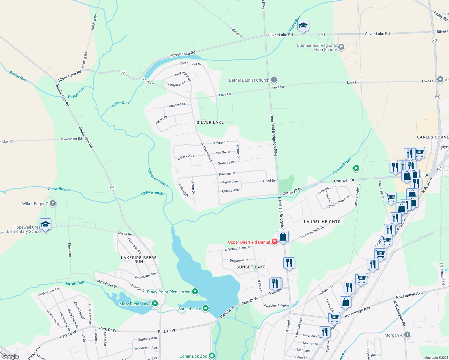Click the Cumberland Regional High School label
pyautogui.click(x=317, y=47)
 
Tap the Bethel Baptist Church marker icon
pyautogui.click(x=274, y=80)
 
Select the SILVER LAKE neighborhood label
pyautogui.click(x=210, y=122)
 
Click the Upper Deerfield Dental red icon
pyautogui.click(x=274, y=242)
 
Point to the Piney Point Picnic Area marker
pyautogui.click(x=195, y=291)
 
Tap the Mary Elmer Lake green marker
pyautogui.click(x=155, y=304)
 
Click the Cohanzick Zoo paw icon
pyautogui.click(x=212, y=356)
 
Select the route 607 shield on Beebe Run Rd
pyautogui.click(x=112, y=187)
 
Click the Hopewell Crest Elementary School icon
pyautogui.click(x=45, y=224)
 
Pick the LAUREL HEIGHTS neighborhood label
pyautogui.click(x=322, y=222)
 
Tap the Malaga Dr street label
pyautogui.click(x=220, y=142)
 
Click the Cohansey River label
pyautogui.click(x=158, y=177)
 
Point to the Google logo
pyautogui.click(x=10, y=356)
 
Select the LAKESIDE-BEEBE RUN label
pyautogui.click(x=139, y=259)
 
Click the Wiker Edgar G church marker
pyautogui.click(x=53, y=203)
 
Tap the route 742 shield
pyautogui.click(x=445, y=148)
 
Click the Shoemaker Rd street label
pyautogui.click(x=71, y=139)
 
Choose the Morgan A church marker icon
pyautogui.click(x=407, y=335)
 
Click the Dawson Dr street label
pyautogui.click(x=227, y=174)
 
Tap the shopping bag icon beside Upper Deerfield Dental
pyautogui.click(x=283, y=237)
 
